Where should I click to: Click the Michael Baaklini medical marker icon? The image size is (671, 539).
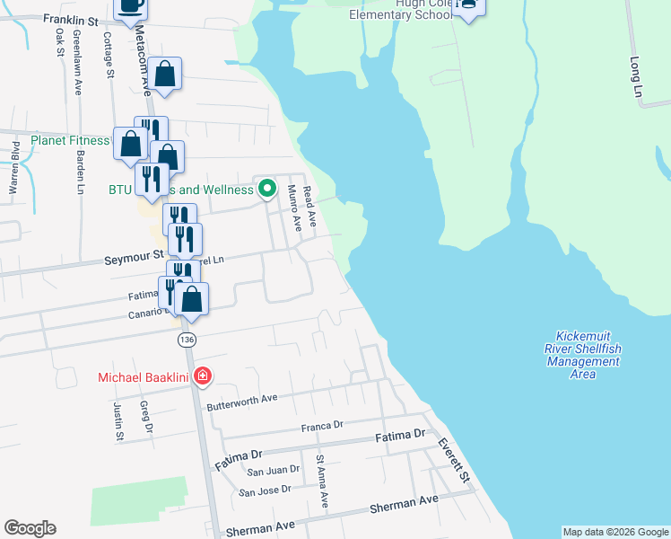202,376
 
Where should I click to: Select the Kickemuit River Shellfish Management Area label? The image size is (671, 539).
582,354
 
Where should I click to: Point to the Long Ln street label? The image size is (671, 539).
637,78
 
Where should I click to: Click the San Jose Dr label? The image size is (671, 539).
266,490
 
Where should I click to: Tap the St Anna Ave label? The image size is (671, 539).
321,482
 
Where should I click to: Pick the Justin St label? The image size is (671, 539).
118,420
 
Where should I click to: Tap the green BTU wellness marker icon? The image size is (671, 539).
266,190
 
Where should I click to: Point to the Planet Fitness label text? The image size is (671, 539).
70,141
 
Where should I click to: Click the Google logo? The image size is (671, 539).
30,528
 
